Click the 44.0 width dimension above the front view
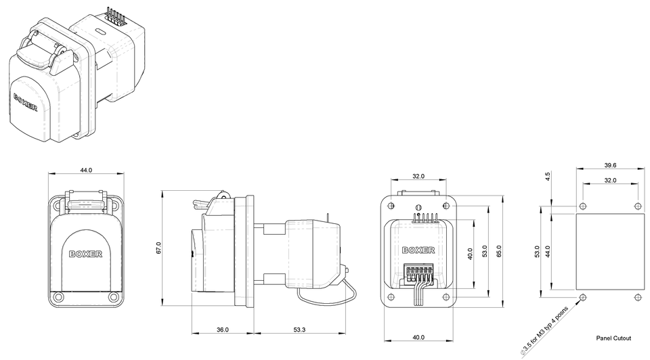click(x=86, y=171)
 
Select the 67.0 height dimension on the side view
click(x=158, y=248)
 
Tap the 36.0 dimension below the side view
click(x=223, y=330)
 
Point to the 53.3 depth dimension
click(x=299, y=330)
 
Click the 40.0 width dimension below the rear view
click(x=418, y=337)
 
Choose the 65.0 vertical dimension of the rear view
click(x=499, y=251)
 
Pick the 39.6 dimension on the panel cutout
click(x=610, y=165)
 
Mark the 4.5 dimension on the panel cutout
click(x=548, y=177)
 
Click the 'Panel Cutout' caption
click(x=613, y=338)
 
